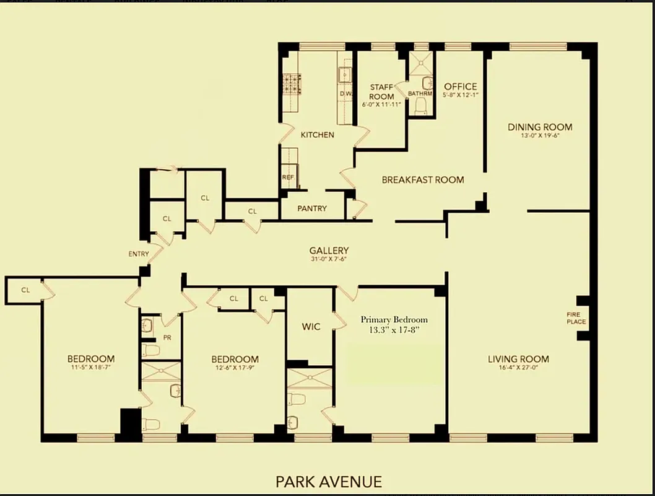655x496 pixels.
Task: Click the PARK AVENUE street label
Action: (x=329, y=481)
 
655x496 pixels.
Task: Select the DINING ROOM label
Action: (x=540, y=127)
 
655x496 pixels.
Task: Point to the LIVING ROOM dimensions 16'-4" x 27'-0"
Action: (x=518, y=368)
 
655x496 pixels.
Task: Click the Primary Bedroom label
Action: (x=394, y=320)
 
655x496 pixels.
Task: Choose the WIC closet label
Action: (x=311, y=326)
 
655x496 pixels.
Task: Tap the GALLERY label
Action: (x=329, y=250)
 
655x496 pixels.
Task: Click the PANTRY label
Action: (x=312, y=208)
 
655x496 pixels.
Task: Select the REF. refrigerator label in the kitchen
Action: (x=288, y=177)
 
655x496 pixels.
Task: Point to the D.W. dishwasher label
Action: (x=345, y=94)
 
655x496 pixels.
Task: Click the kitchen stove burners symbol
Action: (x=292, y=84)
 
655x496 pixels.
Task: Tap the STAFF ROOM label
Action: (x=381, y=92)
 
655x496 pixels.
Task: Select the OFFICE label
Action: (x=461, y=86)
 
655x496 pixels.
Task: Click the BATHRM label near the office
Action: (x=420, y=94)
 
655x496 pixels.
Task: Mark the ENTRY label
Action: (x=139, y=254)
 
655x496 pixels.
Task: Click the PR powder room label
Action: (x=167, y=338)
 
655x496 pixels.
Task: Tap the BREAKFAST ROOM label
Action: (x=423, y=180)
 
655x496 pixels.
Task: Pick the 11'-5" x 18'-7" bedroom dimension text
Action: (x=91, y=368)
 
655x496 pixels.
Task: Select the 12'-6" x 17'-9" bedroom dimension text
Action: (x=235, y=368)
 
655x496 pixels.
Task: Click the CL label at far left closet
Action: (x=25, y=290)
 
